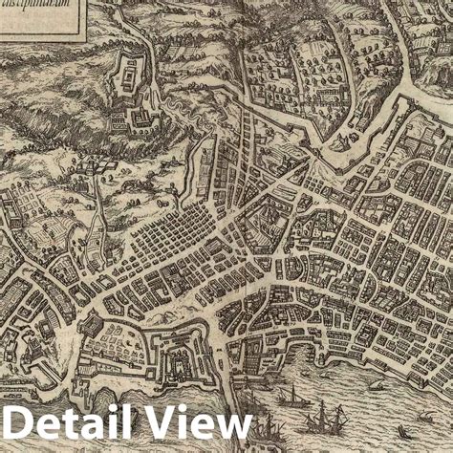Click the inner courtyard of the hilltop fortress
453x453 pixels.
tap(127, 75)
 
